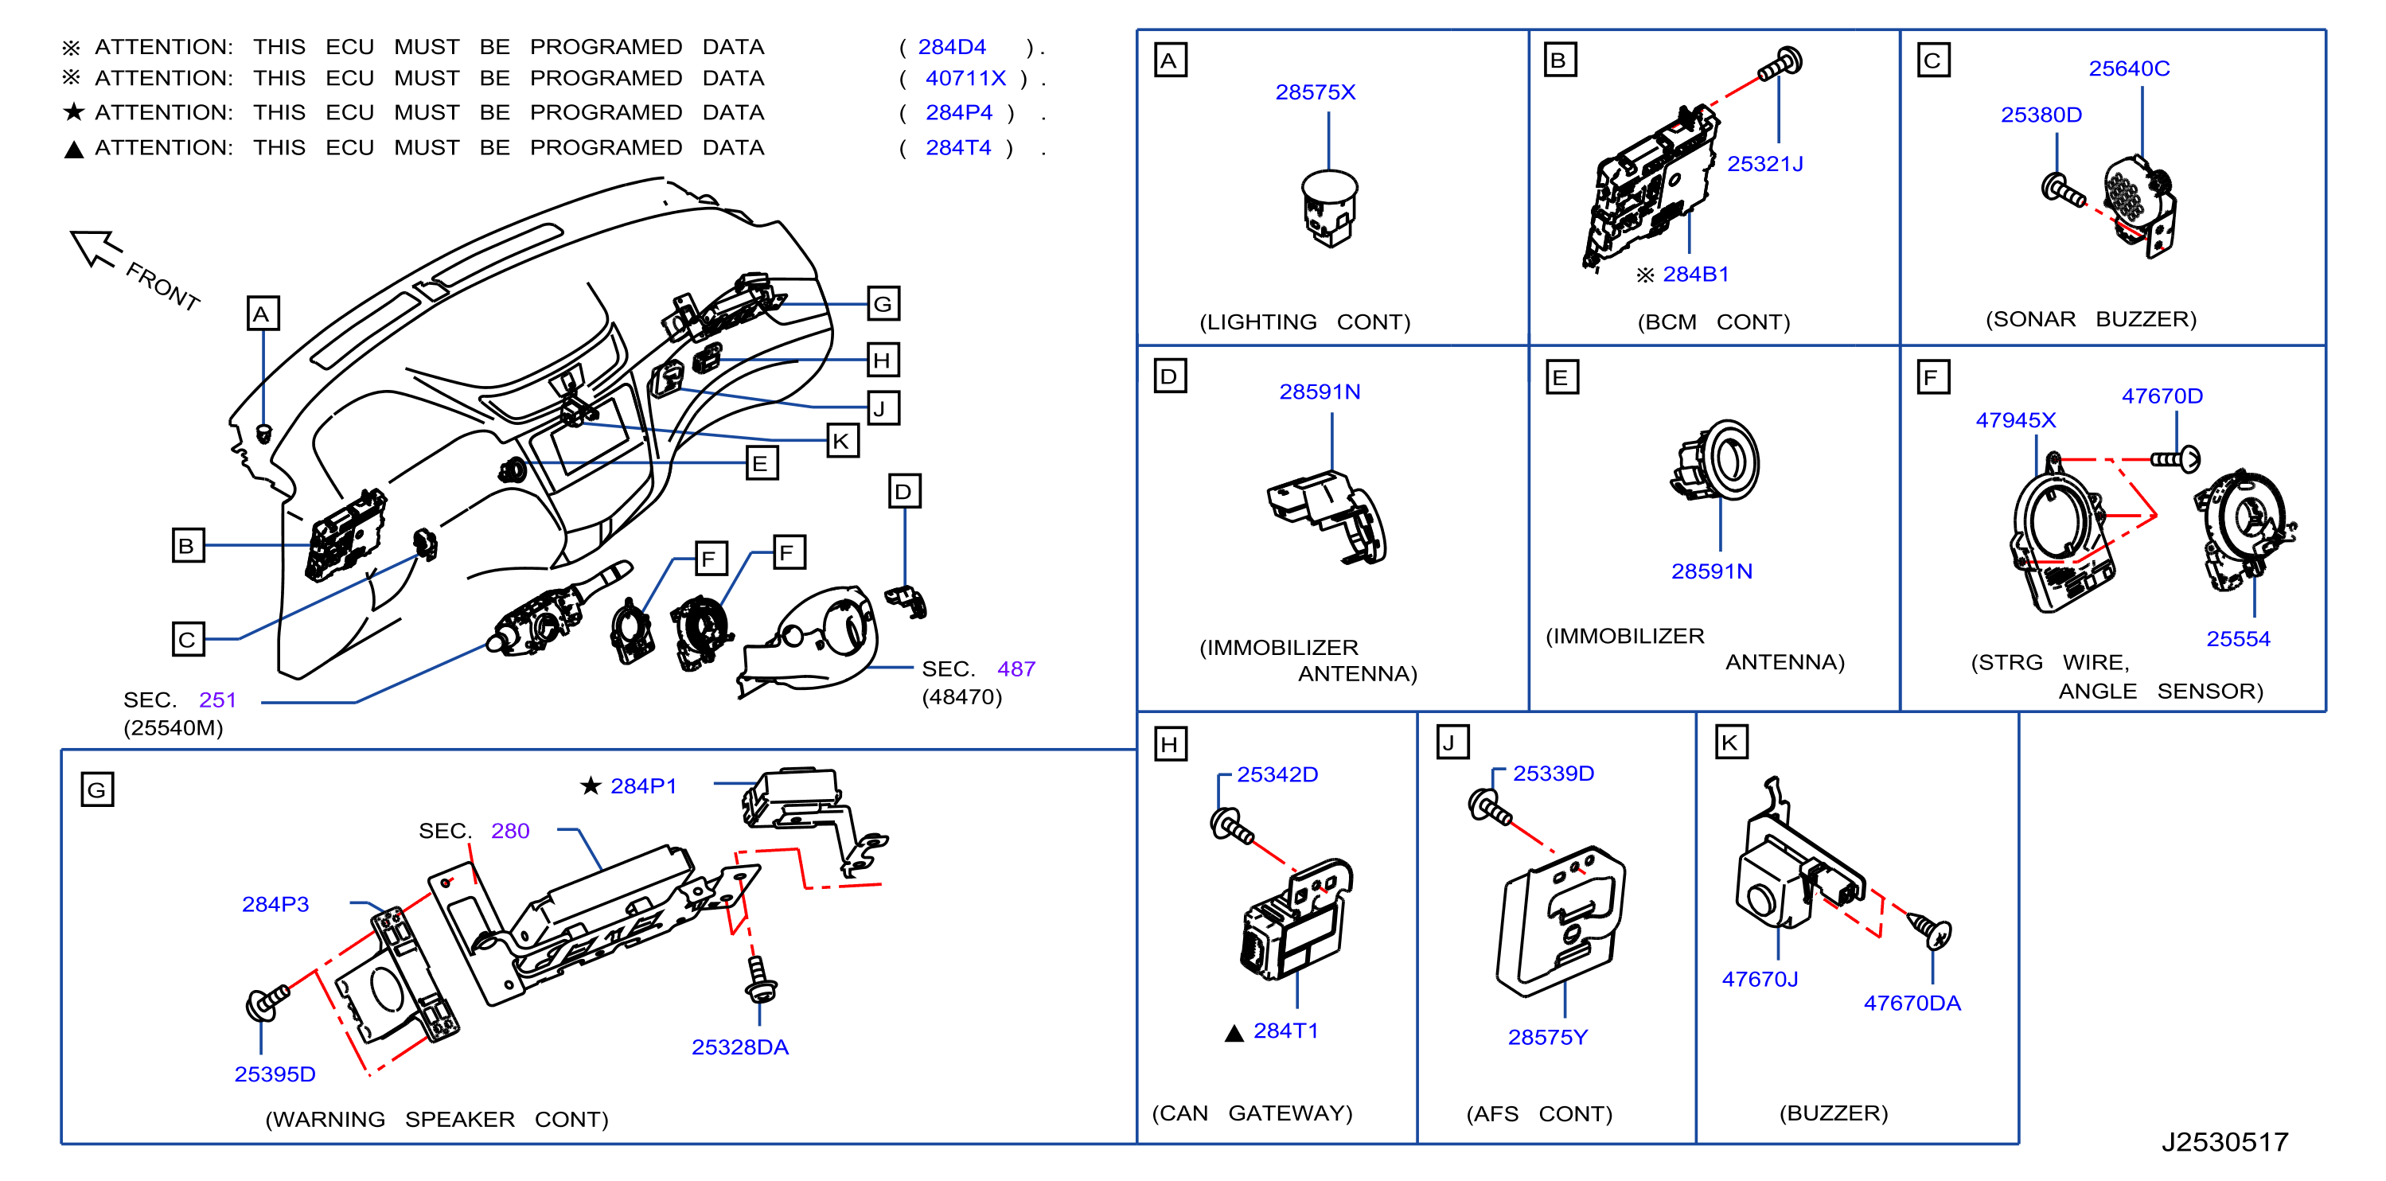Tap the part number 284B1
pos(1695,275)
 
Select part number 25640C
pos(2128,68)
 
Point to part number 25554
pos(2238,638)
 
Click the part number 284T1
pos(1285,1030)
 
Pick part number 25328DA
pos(739,1047)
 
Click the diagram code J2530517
pos(2224,1141)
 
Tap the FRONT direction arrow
pos(96,248)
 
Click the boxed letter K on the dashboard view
pos(841,441)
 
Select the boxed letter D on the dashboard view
pos(904,491)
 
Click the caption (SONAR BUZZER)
pos(2091,318)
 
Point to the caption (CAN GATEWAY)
pos(1251,1113)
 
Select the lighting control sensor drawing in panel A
pos(1329,209)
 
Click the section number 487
pos(1016,668)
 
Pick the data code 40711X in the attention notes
pos(965,78)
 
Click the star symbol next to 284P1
pos(591,785)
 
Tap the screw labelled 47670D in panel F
pos(2175,458)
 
